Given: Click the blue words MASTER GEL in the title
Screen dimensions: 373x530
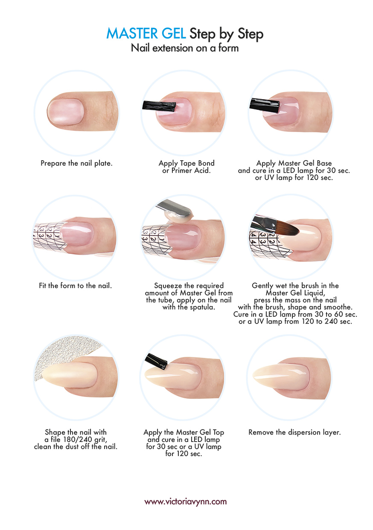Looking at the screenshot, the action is click(x=146, y=33).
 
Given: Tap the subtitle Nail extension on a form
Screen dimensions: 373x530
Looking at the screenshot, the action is click(x=185, y=48).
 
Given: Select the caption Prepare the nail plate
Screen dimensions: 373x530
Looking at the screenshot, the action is click(x=76, y=163).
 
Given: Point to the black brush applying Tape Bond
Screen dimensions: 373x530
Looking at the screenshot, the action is click(x=159, y=106).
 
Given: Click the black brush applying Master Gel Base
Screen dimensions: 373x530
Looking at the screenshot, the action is click(x=265, y=105).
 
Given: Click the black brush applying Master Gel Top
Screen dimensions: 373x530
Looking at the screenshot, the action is click(x=156, y=362).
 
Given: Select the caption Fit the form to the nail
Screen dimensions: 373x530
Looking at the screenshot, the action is click(x=76, y=286).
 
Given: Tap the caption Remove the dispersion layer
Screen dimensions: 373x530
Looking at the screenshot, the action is click(x=294, y=432).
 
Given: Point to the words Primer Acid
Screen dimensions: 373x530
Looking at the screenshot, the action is click(x=191, y=171).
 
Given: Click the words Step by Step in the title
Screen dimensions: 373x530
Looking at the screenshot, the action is click(x=226, y=34).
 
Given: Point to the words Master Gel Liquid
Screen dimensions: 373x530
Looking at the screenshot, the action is click(x=295, y=293).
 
